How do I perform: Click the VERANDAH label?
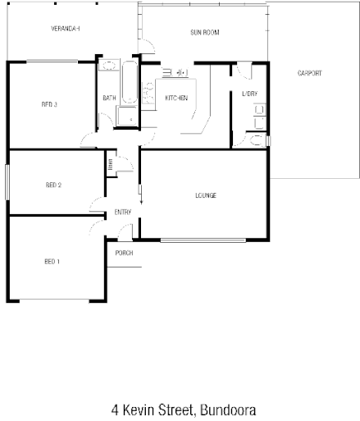point(65,29)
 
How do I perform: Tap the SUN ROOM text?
point(204,33)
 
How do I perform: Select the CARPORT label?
point(310,73)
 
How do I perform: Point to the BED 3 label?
point(49,104)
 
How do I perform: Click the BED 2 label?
point(53,185)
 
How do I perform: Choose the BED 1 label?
point(52,261)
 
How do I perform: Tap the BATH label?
point(109,98)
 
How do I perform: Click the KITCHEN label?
point(176,98)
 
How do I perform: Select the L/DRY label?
point(249,94)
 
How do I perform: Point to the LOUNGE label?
point(205,194)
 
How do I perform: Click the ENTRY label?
point(123,212)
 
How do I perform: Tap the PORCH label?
point(125,252)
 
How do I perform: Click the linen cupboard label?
point(109,164)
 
